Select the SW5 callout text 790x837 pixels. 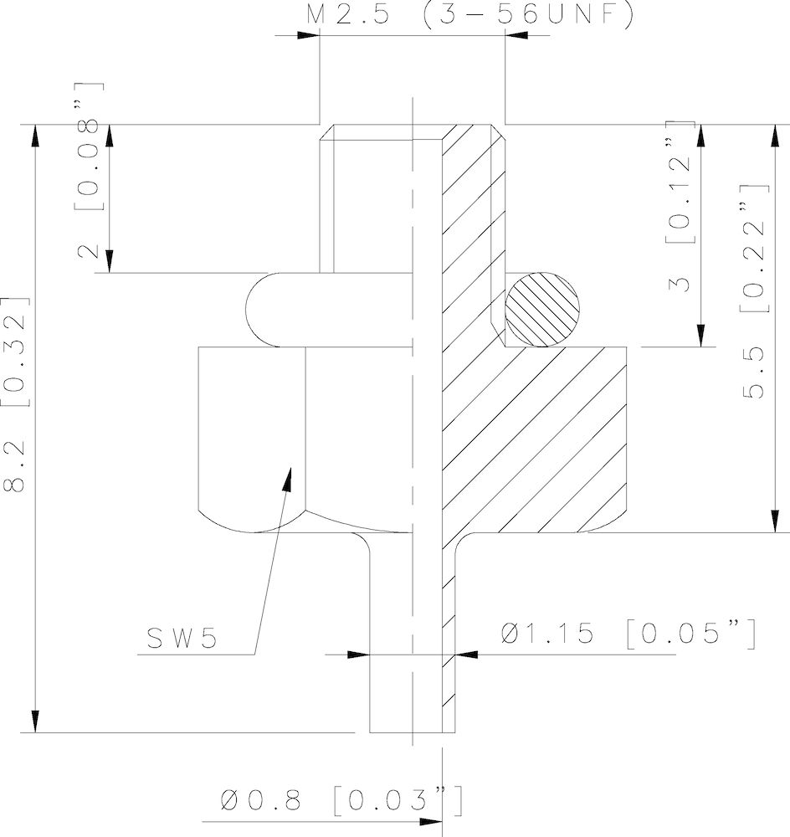coord(182,638)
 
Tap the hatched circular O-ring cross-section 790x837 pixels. coord(543,309)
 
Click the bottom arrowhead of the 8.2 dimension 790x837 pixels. coord(35,721)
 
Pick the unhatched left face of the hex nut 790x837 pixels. coord(251,435)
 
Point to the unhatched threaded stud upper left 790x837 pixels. coord(368,201)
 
